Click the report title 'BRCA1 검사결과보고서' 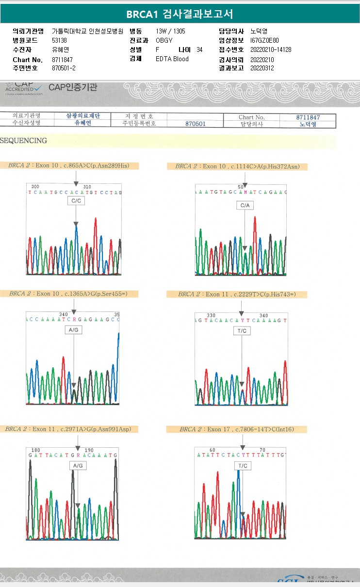[x=180, y=14]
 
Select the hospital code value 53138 [x=60, y=40]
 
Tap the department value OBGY [x=164, y=40]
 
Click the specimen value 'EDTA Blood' [x=172, y=59]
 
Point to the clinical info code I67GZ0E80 [x=265, y=40]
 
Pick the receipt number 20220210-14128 [x=271, y=49]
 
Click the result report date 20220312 [x=262, y=68]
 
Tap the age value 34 [x=200, y=49]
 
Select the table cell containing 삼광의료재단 [x=83, y=116]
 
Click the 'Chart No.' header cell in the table [x=251, y=117]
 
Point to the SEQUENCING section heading [x=24, y=141]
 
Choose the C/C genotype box [x=76, y=200]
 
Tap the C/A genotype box [x=245, y=206]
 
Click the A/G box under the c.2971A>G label [x=78, y=466]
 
